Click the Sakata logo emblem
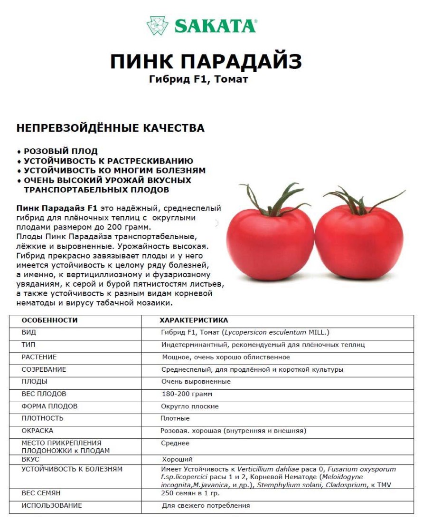[157, 26]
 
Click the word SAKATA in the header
[215, 26]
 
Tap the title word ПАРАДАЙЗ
[242, 62]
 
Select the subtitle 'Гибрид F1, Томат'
[198, 79]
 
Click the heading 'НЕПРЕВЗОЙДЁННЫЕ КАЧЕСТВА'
[110, 128]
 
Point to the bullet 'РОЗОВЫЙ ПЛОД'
[60, 151]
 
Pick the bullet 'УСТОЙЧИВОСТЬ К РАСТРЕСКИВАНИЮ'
[108, 161]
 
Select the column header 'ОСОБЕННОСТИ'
[49, 320]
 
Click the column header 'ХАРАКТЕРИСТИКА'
[194, 320]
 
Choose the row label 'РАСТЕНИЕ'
[39, 357]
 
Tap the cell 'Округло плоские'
[190, 406]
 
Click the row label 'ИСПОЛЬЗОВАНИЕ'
[52, 505]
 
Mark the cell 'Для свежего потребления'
[206, 506]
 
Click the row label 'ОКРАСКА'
[38, 431]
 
